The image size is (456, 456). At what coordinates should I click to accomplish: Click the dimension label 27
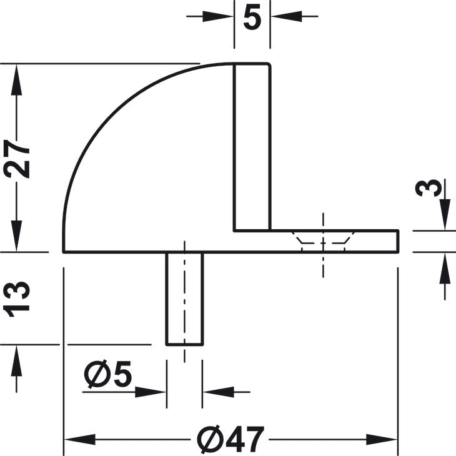click(x=17, y=159)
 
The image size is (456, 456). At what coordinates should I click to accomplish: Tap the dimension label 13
click(x=17, y=299)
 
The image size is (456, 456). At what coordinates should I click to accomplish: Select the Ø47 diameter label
click(x=230, y=439)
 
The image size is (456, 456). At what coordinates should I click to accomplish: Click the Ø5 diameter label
click(x=108, y=375)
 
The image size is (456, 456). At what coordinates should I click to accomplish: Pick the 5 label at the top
click(x=252, y=17)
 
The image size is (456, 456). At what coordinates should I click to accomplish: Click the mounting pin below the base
click(x=184, y=299)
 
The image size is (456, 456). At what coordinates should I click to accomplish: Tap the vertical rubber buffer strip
click(x=252, y=147)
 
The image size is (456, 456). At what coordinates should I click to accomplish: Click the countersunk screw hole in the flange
click(x=323, y=240)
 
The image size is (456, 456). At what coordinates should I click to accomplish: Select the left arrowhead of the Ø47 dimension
click(x=80, y=439)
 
